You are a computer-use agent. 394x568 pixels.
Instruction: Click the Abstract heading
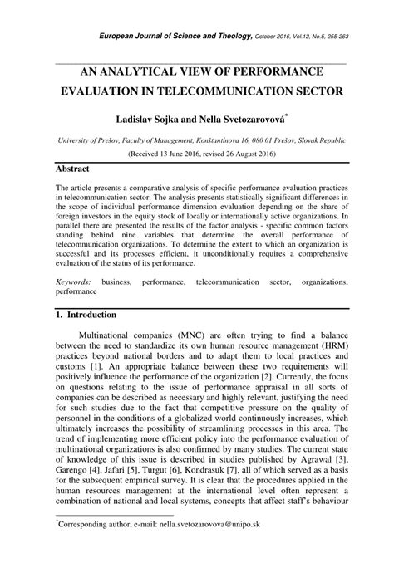72,169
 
